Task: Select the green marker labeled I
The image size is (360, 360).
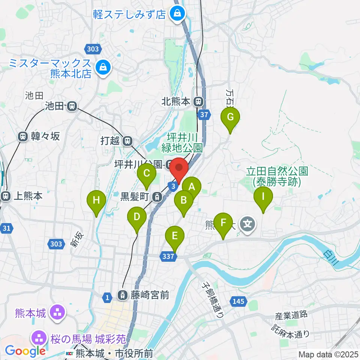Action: pyautogui.click(x=263, y=196)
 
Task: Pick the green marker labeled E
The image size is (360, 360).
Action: pyautogui.click(x=175, y=237)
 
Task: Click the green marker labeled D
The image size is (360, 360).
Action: pyautogui.click(x=137, y=217)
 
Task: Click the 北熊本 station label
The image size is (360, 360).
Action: pyautogui.click(x=177, y=101)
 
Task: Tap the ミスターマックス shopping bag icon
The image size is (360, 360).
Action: pyautogui.click(x=102, y=67)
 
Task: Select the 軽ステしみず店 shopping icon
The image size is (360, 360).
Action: pyautogui.click(x=175, y=14)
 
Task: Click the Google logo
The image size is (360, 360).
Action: pyautogui.click(x=25, y=351)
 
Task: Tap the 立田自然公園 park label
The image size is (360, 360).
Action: pyautogui.click(x=277, y=177)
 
